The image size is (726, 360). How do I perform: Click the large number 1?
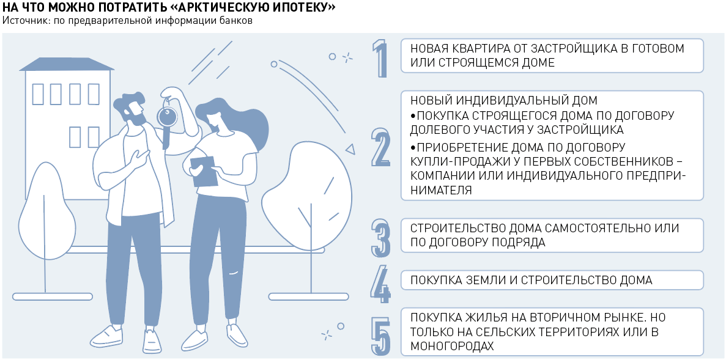point(380,59)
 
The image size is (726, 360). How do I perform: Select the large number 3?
point(380,238)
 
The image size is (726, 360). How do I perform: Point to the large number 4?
point(380,284)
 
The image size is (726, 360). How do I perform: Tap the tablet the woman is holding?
point(204,171)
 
